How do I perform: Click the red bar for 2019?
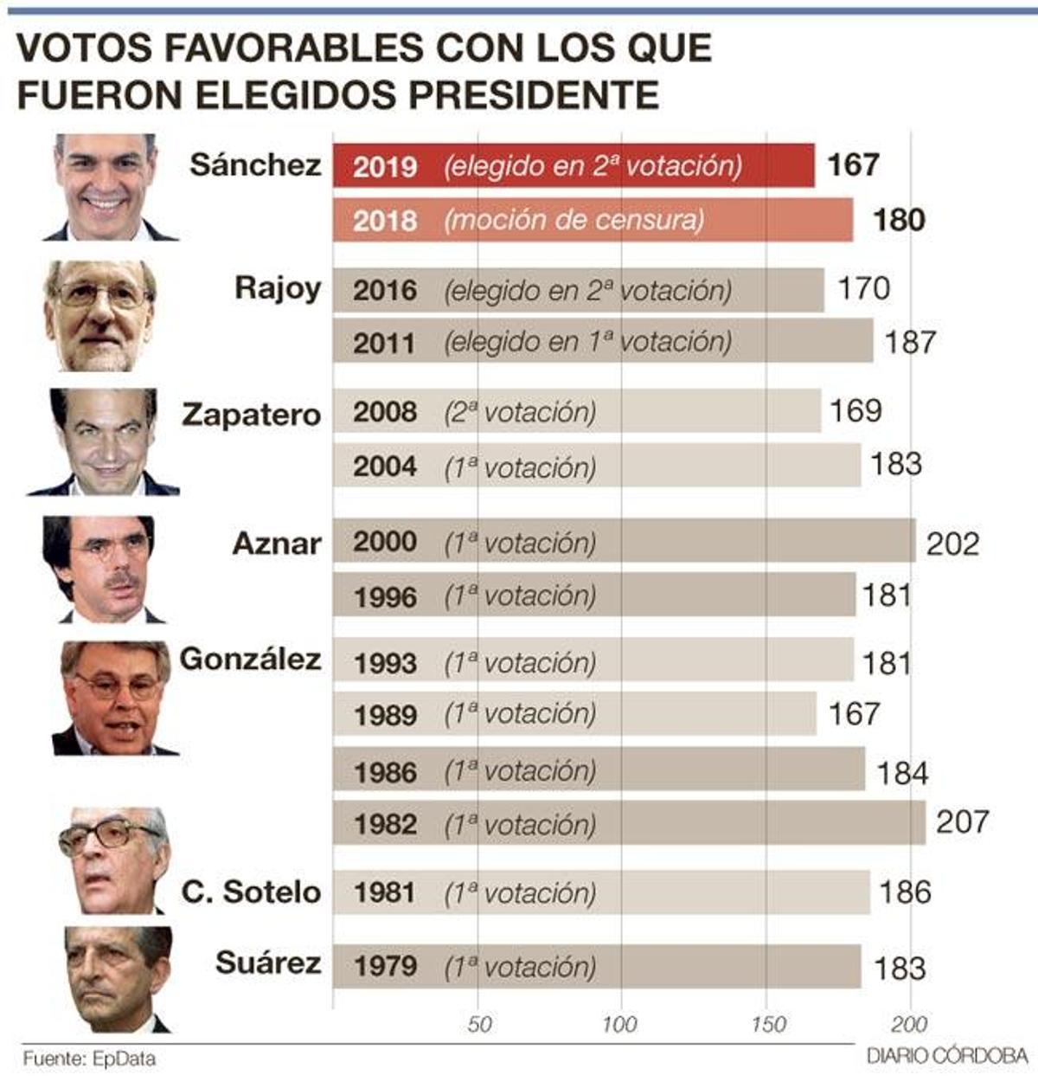573,165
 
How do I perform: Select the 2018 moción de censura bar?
593,220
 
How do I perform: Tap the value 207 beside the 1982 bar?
962,821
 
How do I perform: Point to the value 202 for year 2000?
952,544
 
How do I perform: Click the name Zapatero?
251,415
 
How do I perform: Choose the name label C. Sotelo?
251,892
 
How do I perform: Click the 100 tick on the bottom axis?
619,1025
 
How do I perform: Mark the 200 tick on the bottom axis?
909,1025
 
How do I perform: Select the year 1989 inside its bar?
385,715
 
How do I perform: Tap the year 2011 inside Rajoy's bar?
385,344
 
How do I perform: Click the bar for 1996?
594,596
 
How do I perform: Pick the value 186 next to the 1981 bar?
905,892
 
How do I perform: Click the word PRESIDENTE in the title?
534,94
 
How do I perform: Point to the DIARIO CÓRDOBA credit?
946,1057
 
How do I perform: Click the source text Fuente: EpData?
89,1059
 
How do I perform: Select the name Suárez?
267,962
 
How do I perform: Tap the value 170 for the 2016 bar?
863,288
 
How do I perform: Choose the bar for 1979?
597,966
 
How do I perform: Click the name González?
250,660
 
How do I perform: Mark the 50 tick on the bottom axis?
479,1025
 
